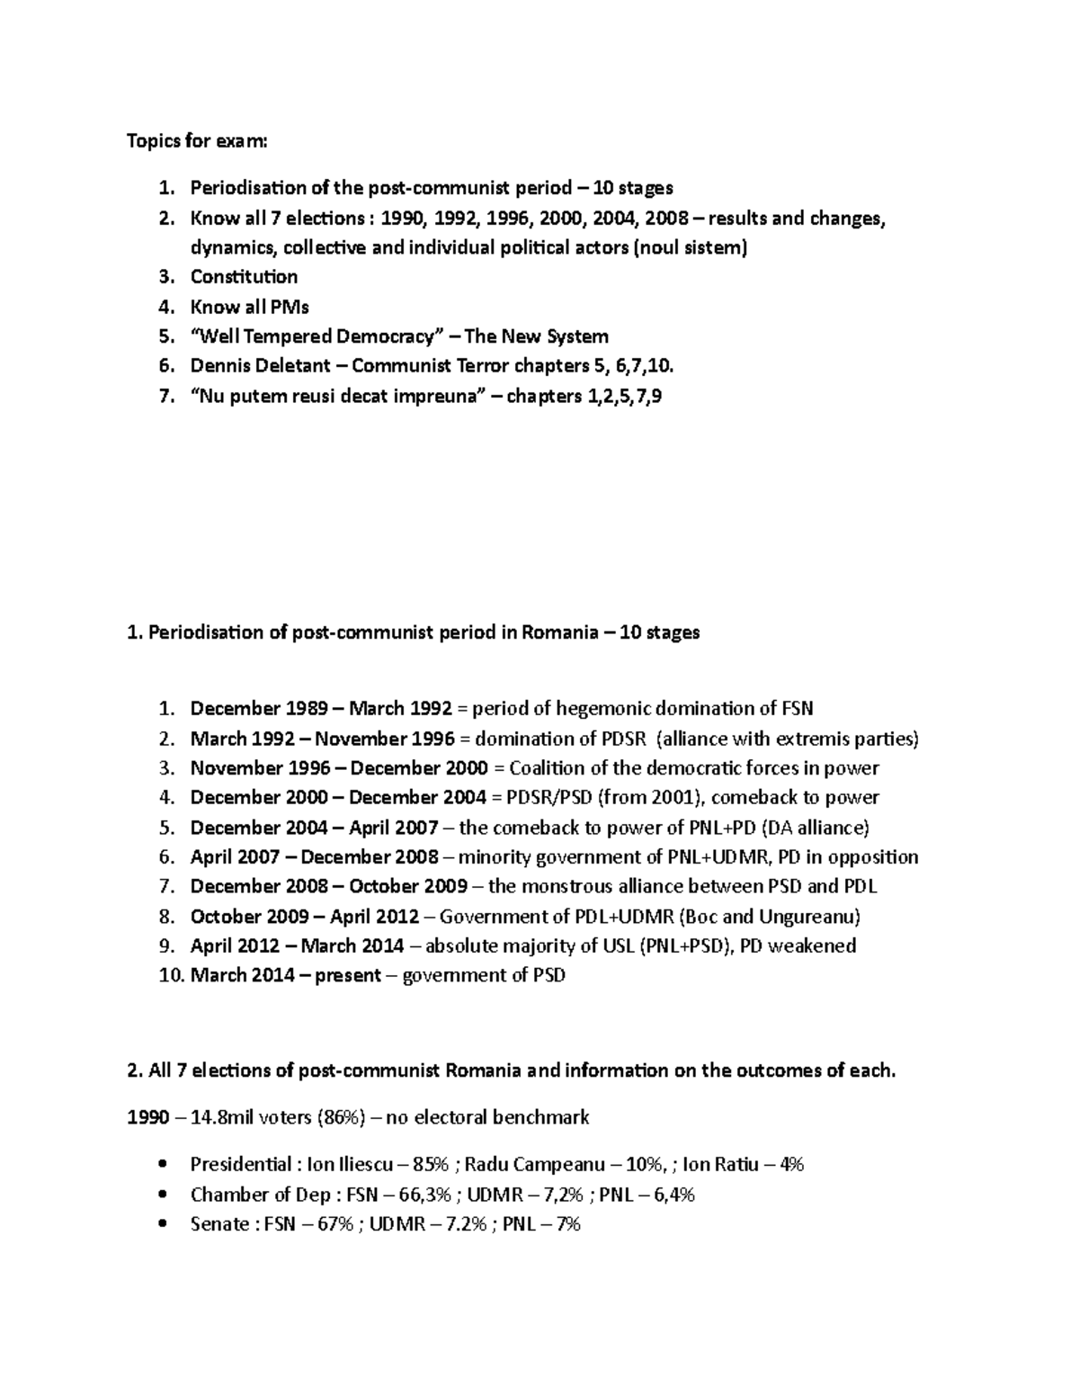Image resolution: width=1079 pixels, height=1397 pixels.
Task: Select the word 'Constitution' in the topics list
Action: [244, 277]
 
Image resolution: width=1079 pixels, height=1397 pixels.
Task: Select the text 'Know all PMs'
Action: [249, 307]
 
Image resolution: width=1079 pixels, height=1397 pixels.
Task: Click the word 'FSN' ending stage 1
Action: [796, 709]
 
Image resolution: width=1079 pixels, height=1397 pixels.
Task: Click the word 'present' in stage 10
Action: [347, 975]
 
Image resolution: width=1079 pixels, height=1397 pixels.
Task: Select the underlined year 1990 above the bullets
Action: [147, 1117]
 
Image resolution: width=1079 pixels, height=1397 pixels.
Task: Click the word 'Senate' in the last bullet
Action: [219, 1223]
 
